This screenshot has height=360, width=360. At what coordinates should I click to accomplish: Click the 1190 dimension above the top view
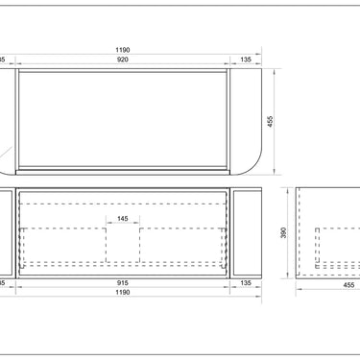tap(122, 48)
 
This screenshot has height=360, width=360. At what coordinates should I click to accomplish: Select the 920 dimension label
tap(123, 59)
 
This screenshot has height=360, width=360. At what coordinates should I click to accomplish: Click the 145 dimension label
tap(122, 219)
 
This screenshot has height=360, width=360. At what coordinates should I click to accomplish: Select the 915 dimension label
tap(123, 282)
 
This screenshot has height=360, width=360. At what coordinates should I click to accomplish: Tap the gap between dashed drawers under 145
tap(122, 245)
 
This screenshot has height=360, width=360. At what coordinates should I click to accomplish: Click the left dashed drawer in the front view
tap(63, 245)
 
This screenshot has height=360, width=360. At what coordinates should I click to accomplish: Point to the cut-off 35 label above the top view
tap(2, 59)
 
